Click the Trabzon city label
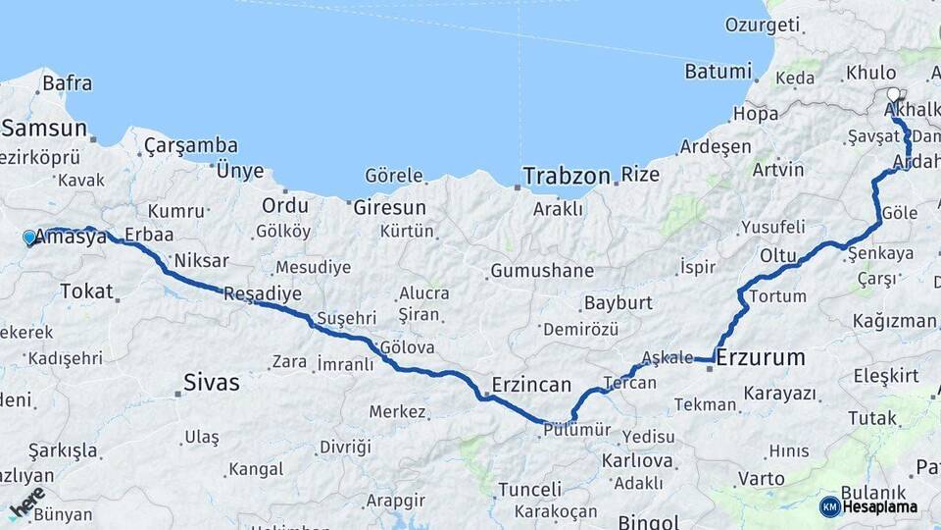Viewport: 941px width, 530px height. point(568,176)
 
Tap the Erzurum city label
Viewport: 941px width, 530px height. point(761,358)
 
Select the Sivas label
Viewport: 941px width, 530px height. point(211,383)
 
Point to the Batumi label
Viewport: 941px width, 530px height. point(718,72)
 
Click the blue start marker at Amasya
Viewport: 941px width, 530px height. point(29,238)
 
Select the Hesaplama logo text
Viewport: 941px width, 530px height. point(880,506)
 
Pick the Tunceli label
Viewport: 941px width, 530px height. point(529,489)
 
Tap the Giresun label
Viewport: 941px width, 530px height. point(389,207)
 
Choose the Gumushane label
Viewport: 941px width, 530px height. point(543,270)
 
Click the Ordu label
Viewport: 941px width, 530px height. point(284,206)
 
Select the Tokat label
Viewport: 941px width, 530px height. point(86,291)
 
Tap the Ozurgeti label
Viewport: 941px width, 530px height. point(761,24)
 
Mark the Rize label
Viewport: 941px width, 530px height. point(640,175)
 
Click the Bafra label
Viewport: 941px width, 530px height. point(67,83)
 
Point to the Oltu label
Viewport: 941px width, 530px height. point(779,255)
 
